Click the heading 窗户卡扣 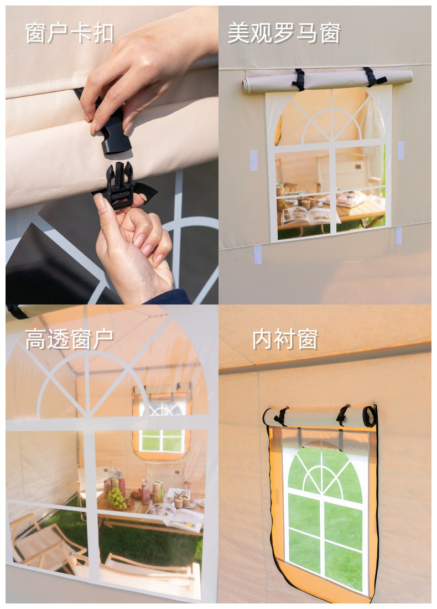[70, 33]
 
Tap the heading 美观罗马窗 [284, 33]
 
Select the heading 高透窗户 [70, 339]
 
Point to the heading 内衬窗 [285, 339]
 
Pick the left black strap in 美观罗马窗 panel [299, 80]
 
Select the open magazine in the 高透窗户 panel [175, 515]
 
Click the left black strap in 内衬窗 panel [282, 416]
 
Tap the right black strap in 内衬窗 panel [343, 415]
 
